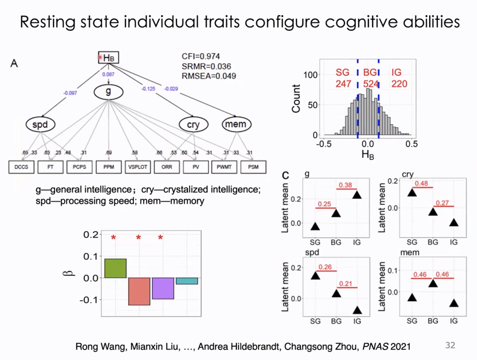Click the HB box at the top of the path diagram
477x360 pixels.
(x=108, y=58)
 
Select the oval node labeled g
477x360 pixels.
(x=108, y=92)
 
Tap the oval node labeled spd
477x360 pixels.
(x=40, y=125)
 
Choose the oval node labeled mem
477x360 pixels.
(x=235, y=125)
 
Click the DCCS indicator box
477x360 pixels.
(x=21, y=168)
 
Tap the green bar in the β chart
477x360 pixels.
(x=115, y=268)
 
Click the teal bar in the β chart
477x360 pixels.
(x=187, y=280)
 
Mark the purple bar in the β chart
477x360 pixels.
(x=163, y=288)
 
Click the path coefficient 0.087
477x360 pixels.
(x=108, y=75)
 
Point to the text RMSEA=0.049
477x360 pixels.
(x=209, y=76)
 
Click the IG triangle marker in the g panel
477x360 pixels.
(x=357, y=195)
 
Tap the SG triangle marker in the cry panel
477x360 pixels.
(x=412, y=192)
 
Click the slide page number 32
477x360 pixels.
(x=449, y=345)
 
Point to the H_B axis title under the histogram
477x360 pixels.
(x=366, y=155)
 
